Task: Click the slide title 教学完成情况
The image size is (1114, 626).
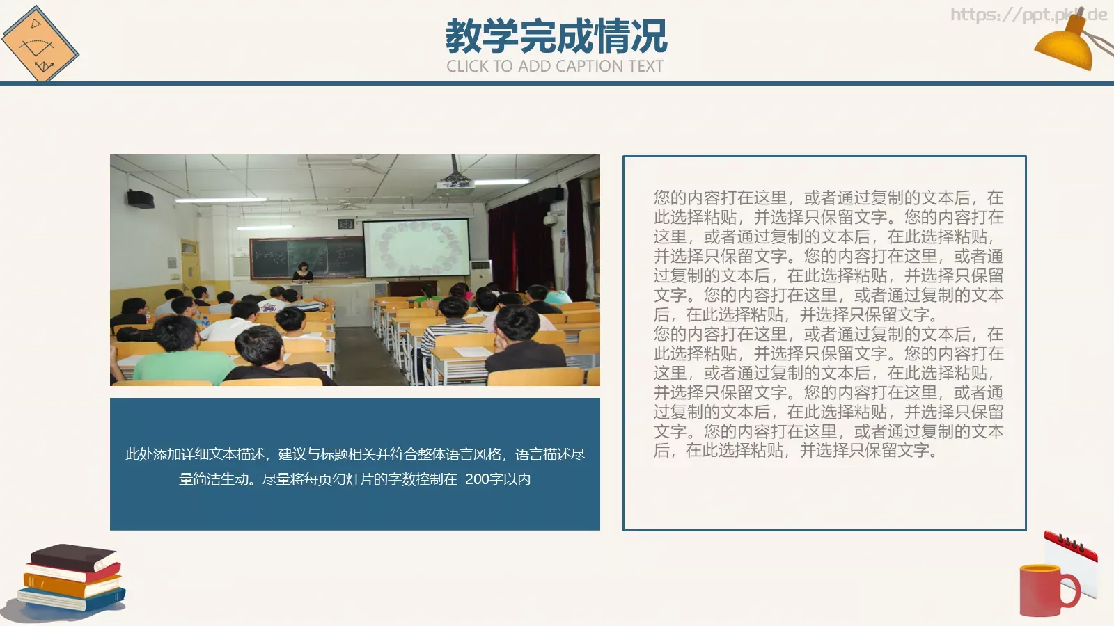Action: [x=556, y=36]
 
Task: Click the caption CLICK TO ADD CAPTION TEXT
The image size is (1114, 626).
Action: [x=555, y=66]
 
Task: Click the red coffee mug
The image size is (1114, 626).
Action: [x=1046, y=590]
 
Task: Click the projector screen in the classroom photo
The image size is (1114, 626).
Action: [x=416, y=248]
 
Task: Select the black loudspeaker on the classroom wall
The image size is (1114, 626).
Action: [x=141, y=199]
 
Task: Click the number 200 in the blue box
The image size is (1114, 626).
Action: [x=477, y=479]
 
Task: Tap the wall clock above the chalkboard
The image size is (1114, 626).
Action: [x=345, y=224]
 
